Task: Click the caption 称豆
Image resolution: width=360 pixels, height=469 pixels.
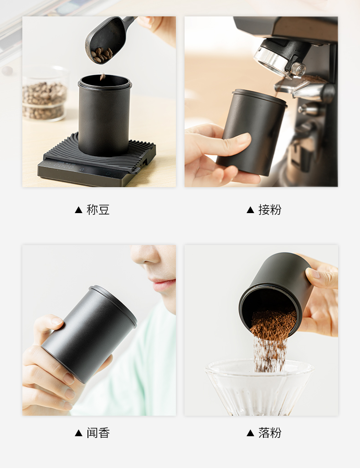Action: pos(98,209)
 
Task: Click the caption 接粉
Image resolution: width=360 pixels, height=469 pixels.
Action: pos(270,209)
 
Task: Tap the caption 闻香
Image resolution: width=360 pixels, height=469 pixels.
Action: pos(98,433)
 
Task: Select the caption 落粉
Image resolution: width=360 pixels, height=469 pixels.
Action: pos(270,433)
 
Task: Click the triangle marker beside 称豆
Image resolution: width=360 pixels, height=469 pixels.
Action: pos(78,210)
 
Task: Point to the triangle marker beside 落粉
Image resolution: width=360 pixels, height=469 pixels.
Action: pos(250,433)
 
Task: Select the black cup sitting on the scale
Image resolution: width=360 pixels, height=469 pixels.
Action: pos(104,115)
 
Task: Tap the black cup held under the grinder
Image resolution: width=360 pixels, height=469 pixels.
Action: pos(252,132)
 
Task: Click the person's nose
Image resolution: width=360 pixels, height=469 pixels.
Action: pos(144,254)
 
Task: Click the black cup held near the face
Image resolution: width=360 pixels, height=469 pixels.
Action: pos(89,333)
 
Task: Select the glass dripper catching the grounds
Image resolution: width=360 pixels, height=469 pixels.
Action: pos(259,387)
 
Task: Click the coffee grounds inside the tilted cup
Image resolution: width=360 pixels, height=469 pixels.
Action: pos(273,322)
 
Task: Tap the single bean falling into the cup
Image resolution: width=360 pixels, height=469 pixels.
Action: pos(103,77)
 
